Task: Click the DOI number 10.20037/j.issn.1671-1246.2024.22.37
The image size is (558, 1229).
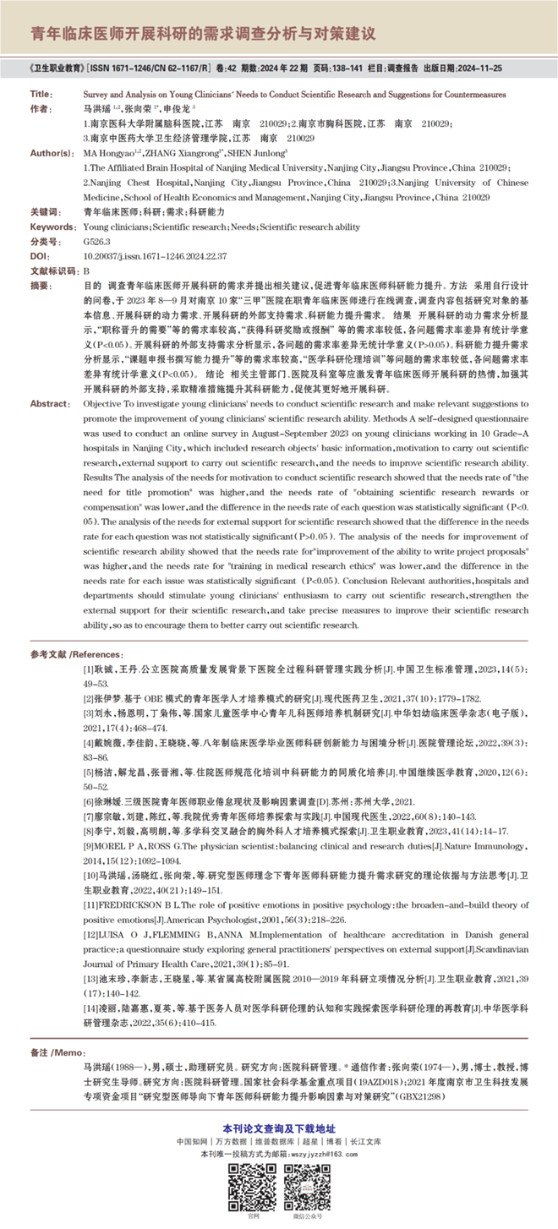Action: [x=145, y=254]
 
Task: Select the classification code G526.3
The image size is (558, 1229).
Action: [x=97, y=241]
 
